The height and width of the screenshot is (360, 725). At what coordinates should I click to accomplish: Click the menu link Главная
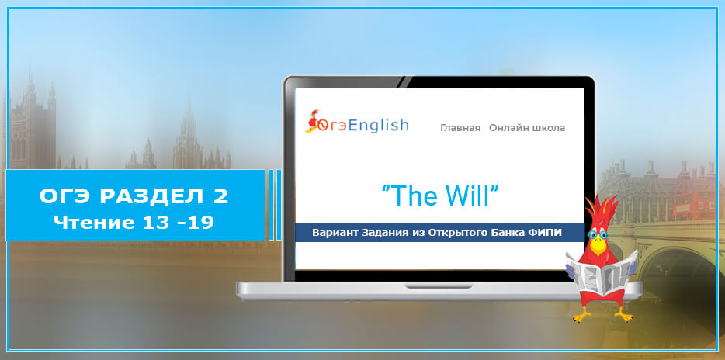[x=460, y=128]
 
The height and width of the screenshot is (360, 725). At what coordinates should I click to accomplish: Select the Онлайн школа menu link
[x=527, y=128]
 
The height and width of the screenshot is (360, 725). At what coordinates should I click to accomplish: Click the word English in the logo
[x=378, y=125]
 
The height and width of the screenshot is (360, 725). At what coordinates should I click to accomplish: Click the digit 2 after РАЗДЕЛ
[x=221, y=196]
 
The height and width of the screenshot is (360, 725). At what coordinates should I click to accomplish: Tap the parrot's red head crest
[x=601, y=209]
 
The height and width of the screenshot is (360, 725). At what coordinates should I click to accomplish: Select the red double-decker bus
[x=694, y=205]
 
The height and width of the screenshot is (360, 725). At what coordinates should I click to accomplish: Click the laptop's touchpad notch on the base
[x=439, y=286]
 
